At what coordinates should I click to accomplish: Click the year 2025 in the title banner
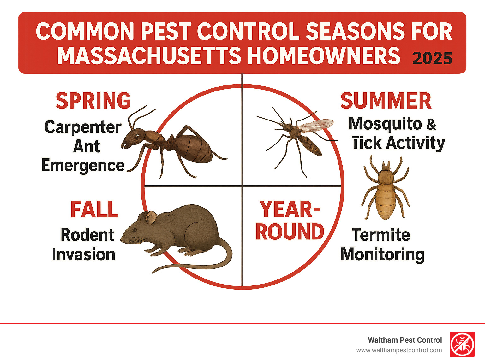[432, 58]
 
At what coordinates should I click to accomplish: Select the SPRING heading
[93, 101]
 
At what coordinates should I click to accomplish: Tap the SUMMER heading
[386, 101]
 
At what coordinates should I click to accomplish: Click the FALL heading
[94, 209]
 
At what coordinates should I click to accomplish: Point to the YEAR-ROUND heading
[290, 220]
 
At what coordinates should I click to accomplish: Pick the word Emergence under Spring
[83, 165]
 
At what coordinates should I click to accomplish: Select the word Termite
[381, 235]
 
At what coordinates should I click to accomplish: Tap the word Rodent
[87, 235]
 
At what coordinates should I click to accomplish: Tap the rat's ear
[151, 218]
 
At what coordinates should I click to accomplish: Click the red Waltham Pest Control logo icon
[462, 344]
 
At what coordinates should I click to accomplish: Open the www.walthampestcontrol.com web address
[399, 350]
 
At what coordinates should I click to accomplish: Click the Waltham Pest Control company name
[405, 340]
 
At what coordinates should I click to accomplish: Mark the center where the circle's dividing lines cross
[242, 186]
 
